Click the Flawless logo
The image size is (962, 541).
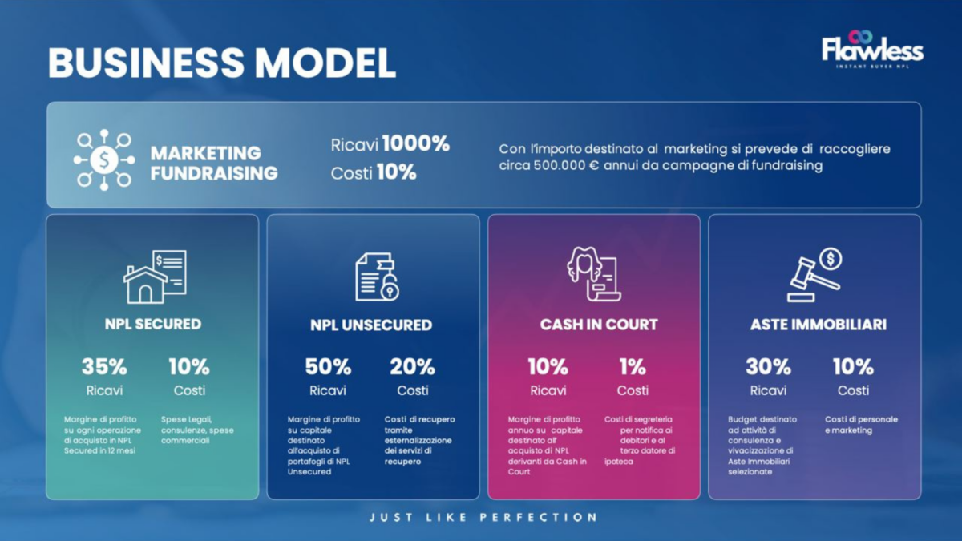pos(872,50)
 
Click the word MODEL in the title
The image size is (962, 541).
pos(325,63)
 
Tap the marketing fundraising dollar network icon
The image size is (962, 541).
pos(104,159)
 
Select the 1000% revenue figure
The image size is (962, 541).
pos(416,143)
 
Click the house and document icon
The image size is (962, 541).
pos(155,277)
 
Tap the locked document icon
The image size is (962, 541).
pos(377,277)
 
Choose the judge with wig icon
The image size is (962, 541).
pos(593,274)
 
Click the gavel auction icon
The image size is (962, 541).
pos(814,275)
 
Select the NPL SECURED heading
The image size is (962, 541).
pos(153,324)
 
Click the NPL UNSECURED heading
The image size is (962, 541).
pos(371,325)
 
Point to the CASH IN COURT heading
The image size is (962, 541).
pos(599,325)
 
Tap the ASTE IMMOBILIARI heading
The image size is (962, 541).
pos(819,325)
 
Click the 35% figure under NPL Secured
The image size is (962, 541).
pos(104,367)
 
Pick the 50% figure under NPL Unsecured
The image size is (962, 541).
pos(328,367)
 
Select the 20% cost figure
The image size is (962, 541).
pos(412,367)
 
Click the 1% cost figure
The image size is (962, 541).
pos(633,367)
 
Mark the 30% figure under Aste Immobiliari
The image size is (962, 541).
pos(768,367)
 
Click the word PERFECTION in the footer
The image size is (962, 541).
pos(539,518)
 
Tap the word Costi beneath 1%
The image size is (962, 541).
pos(633,390)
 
